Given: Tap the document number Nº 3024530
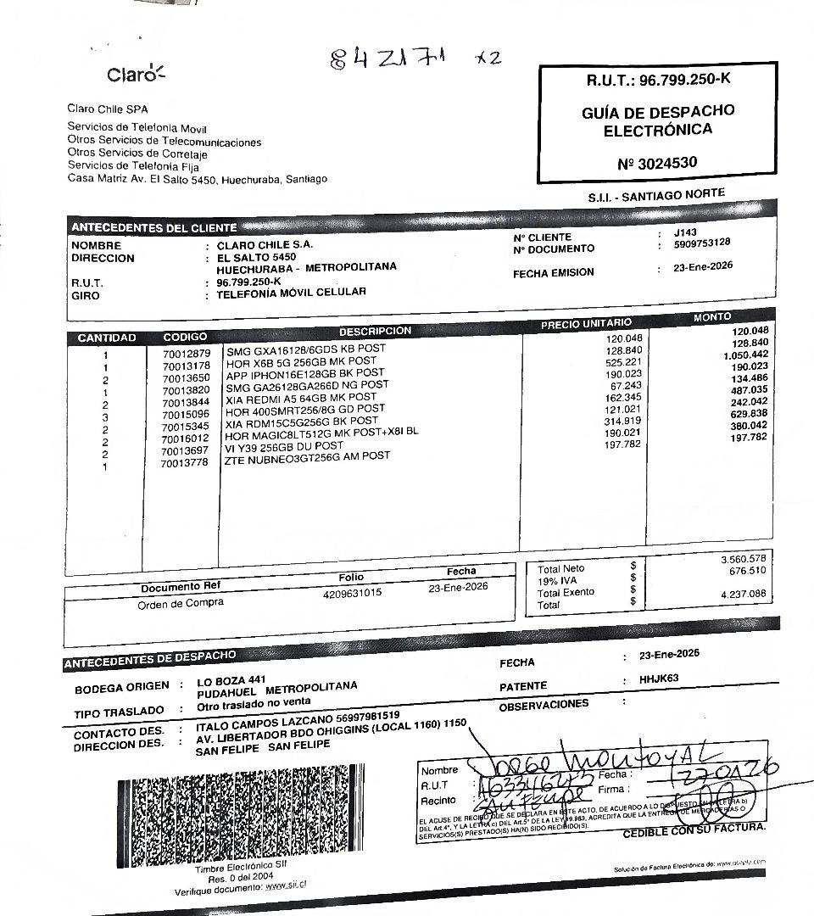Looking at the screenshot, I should pos(658,162).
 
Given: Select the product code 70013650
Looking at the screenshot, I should pos(186,377).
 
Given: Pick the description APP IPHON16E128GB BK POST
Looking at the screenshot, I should pos(304,372).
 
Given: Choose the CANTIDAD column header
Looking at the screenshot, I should pos(107,338).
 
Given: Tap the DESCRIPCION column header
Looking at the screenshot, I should pos(375,332).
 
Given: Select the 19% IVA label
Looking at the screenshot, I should pos(558,581).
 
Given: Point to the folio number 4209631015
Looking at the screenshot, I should pos(352,594).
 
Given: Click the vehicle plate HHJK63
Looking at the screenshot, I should pos(660,679).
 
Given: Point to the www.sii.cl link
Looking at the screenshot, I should pos(285,884).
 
